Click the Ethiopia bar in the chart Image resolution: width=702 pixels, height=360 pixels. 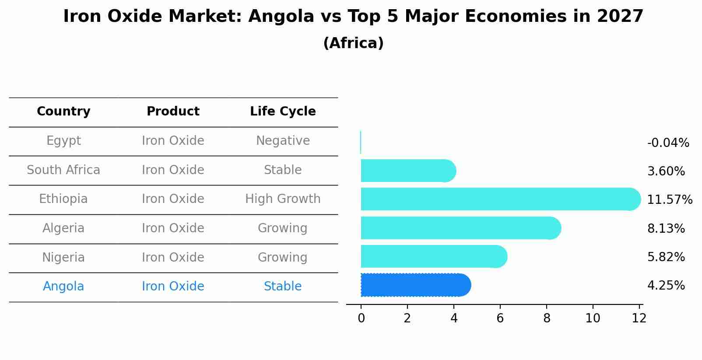point(499,199)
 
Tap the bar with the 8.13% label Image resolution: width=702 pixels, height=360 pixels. point(460,228)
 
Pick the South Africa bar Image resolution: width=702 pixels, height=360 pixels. point(407,171)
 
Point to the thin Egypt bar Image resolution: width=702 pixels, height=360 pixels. point(361,142)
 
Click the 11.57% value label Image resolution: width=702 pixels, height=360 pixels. point(669,200)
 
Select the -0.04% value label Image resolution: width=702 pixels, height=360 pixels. point(668,143)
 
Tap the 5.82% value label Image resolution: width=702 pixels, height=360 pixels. point(666,257)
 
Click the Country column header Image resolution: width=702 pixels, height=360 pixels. point(63,112)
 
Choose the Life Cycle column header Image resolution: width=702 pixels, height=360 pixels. point(283,112)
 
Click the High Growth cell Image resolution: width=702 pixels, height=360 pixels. point(283,199)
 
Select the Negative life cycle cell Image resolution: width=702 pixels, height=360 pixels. point(283,141)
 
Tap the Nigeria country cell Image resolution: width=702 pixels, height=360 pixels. point(63,257)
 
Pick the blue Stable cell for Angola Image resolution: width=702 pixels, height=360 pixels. point(283,287)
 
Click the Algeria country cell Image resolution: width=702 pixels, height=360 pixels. point(63,228)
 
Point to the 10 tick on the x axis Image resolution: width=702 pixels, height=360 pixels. point(593,318)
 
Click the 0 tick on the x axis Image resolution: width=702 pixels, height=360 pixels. point(361,318)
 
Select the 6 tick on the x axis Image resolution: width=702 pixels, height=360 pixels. point(500,318)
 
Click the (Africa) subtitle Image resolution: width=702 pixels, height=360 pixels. point(353,43)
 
